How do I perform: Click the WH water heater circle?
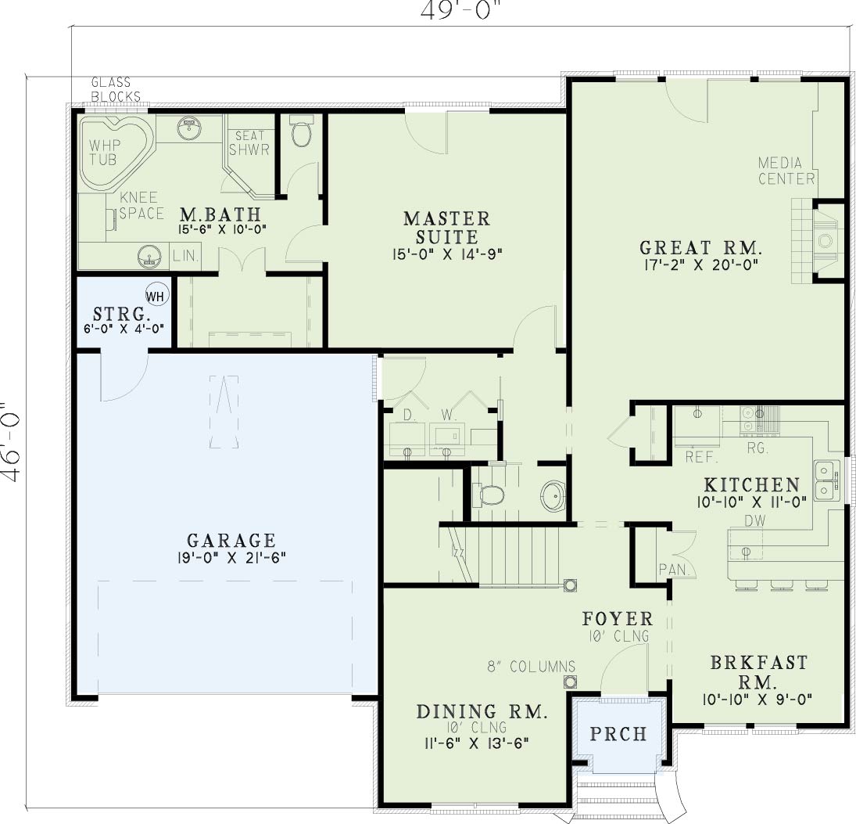pyautogui.click(x=156, y=296)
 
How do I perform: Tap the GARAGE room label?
pyautogui.click(x=231, y=541)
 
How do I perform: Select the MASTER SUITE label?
pyautogui.click(x=447, y=227)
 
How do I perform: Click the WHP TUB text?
pyautogui.click(x=104, y=153)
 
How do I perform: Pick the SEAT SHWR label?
pyautogui.click(x=249, y=142)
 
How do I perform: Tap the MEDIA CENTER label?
pyautogui.click(x=786, y=171)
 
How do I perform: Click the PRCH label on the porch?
pyautogui.click(x=618, y=733)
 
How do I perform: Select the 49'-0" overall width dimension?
pyautogui.click(x=461, y=10)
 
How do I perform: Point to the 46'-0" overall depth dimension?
pyautogui.click(x=11, y=443)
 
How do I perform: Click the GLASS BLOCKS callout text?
pyautogui.click(x=116, y=90)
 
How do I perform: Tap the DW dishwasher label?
pyautogui.click(x=755, y=520)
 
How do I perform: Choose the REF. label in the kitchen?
pyautogui.click(x=701, y=457)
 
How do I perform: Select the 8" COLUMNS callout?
pyautogui.click(x=531, y=667)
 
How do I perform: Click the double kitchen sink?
pyautogui.click(x=826, y=480)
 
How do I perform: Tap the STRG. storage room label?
pyautogui.click(x=121, y=315)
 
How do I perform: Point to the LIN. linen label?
pyautogui.click(x=186, y=256)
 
